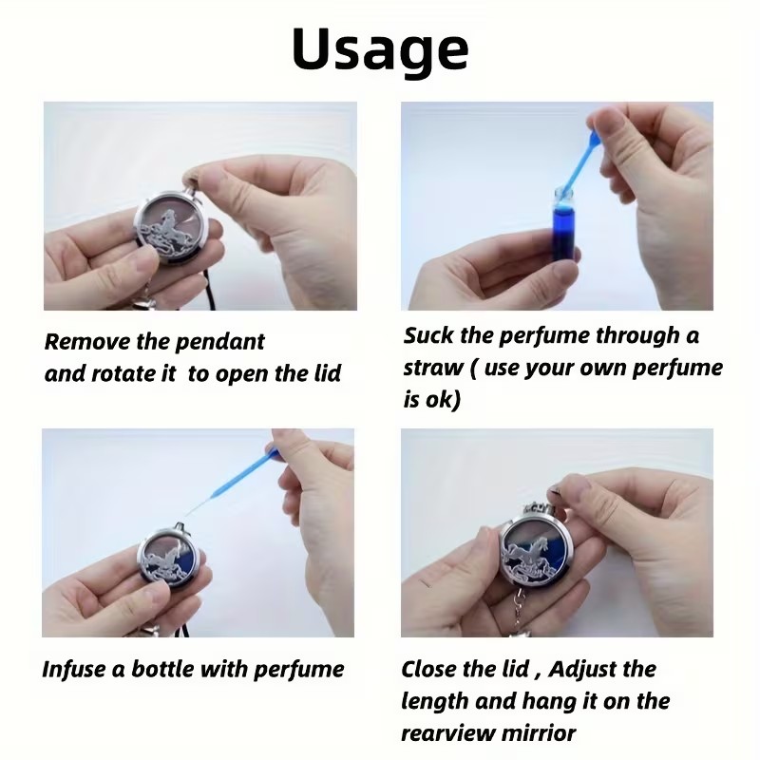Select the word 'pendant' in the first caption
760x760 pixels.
pyautogui.click(x=219, y=342)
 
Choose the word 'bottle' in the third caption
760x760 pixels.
pyautogui.click(x=163, y=670)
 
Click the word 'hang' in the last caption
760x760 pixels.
pyautogui.click(x=559, y=702)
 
